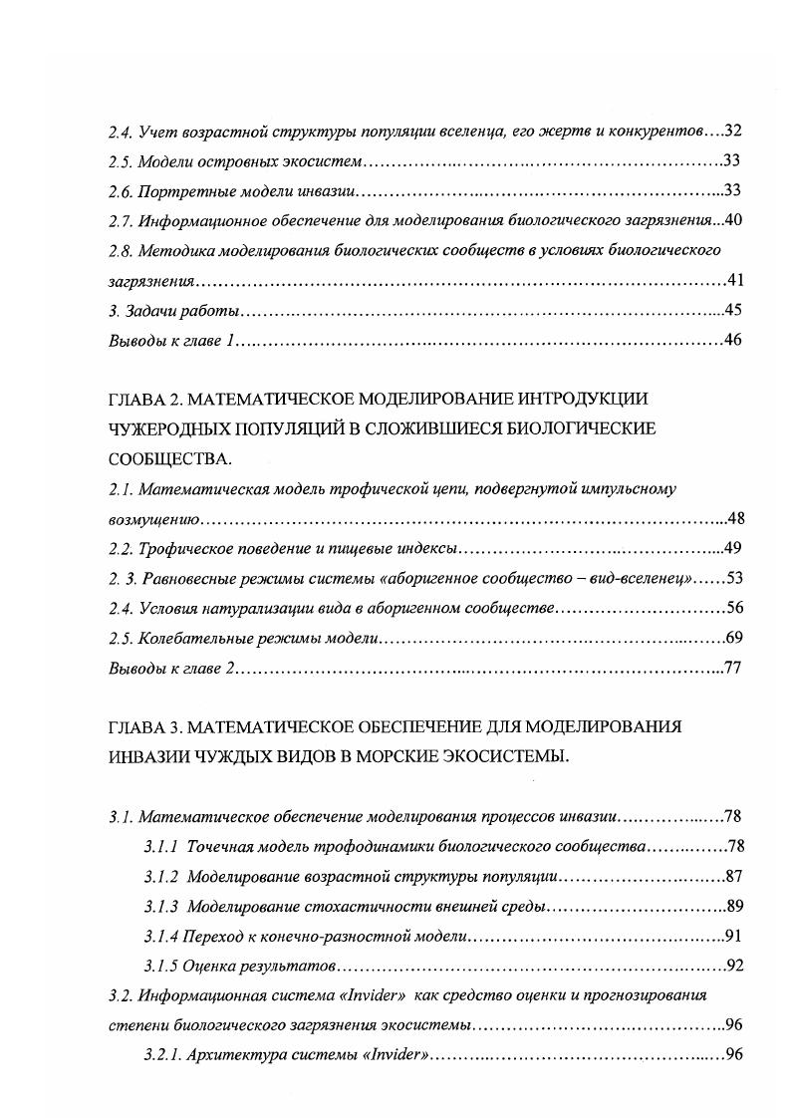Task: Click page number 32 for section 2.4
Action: (733, 131)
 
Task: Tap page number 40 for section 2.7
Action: (733, 220)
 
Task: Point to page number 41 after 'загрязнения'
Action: (733, 280)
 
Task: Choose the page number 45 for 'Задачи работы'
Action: (733, 310)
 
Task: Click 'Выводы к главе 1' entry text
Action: (170, 340)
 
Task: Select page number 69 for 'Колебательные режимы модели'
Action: (733, 639)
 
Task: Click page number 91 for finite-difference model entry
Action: (733, 936)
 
